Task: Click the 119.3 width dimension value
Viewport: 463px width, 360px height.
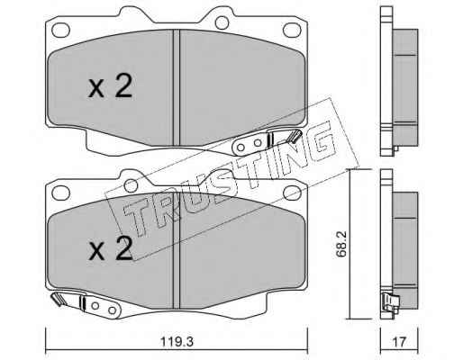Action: point(177,342)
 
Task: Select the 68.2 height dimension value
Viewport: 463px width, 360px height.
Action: point(341,244)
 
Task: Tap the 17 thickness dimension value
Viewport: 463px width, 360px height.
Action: point(399,342)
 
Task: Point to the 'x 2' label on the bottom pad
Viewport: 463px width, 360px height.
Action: point(111,248)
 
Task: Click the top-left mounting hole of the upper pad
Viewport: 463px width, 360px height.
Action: point(61,30)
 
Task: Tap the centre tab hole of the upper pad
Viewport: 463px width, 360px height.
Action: point(222,22)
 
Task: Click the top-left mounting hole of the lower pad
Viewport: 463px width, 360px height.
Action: point(61,193)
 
